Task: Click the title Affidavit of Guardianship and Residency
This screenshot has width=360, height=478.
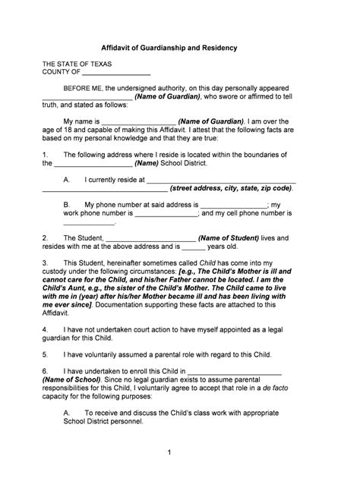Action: coord(180,47)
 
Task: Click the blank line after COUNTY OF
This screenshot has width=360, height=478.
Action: coord(115,74)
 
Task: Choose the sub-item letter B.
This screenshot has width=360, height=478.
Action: coord(67,205)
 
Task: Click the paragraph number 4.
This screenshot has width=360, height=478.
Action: coord(45,331)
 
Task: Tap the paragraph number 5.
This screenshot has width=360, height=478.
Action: coord(45,354)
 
